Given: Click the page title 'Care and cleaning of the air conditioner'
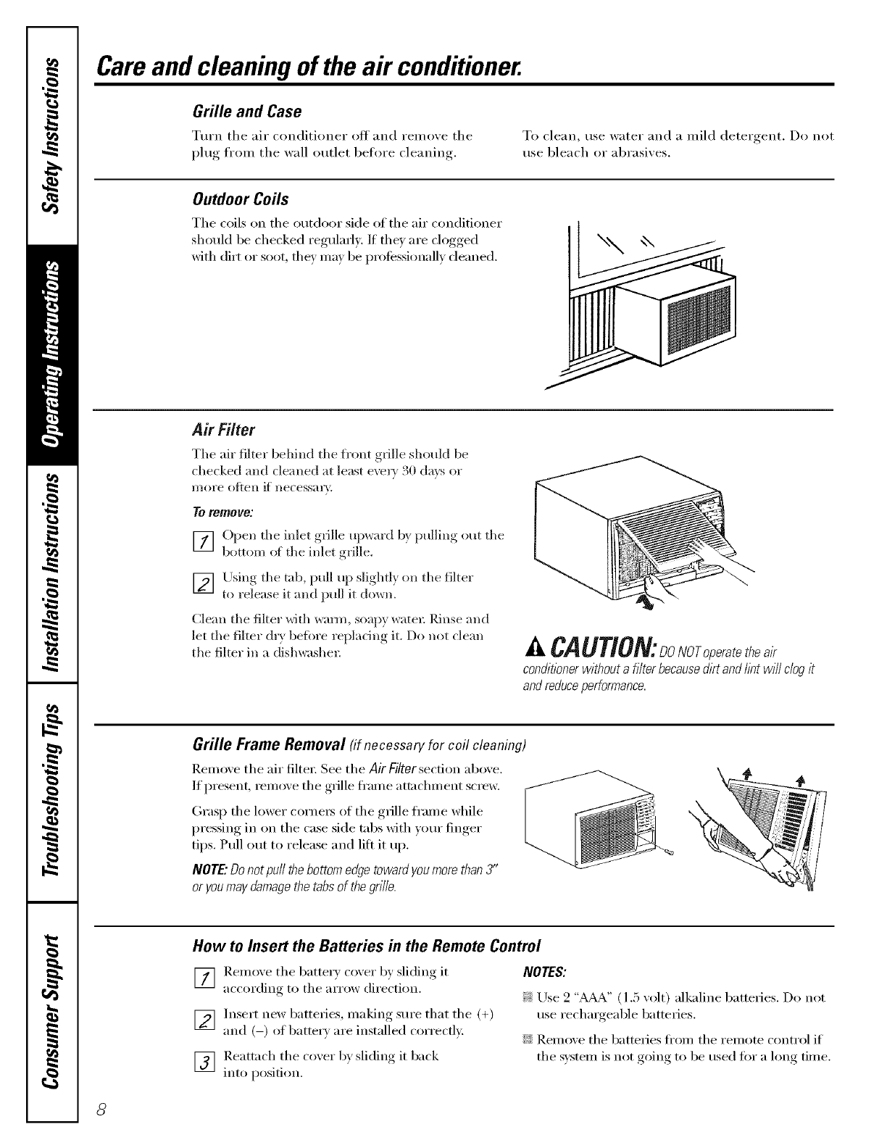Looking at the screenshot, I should click(x=310, y=68).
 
